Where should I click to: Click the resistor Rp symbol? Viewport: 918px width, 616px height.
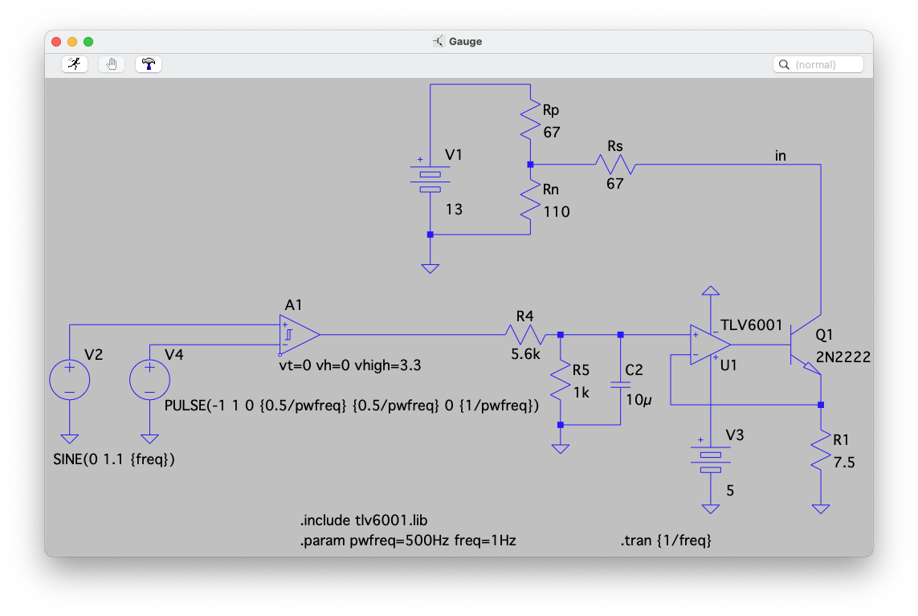(x=530, y=120)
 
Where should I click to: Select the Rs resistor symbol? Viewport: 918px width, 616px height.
(x=615, y=165)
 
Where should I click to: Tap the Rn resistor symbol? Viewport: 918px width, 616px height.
(x=530, y=201)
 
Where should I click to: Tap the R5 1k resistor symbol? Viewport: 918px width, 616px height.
(x=560, y=381)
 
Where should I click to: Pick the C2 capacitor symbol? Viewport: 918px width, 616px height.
(x=620, y=384)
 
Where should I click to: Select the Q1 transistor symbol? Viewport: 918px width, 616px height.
(x=805, y=345)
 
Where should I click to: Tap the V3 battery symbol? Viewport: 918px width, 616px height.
(x=711, y=462)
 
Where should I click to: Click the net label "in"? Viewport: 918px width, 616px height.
(x=780, y=156)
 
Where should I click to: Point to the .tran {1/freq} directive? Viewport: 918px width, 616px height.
(x=665, y=541)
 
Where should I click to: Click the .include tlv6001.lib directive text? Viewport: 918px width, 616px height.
(x=369, y=520)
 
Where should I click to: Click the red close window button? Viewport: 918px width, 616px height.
(x=56, y=42)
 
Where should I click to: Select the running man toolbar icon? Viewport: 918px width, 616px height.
(x=75, y=64)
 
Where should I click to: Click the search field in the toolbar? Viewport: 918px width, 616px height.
(x=818, y=64)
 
